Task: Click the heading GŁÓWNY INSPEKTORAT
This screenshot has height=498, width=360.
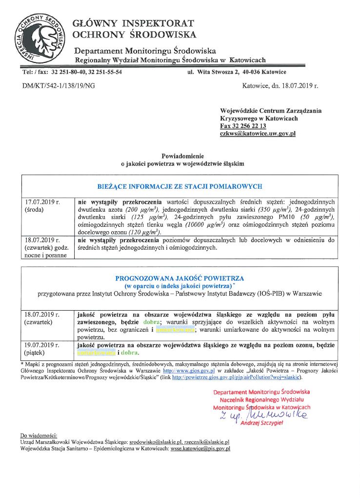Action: tap(133, 23)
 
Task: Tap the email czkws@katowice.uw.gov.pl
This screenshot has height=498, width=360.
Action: tap(258, 133)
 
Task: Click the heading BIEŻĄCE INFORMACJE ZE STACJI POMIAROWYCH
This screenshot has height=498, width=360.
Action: tap(180, 186)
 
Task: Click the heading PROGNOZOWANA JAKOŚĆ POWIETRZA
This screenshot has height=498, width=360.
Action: tap(180, 278)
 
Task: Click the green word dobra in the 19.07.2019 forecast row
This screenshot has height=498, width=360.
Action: tap(129, 353)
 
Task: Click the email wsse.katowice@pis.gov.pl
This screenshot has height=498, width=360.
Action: tap(200, 448)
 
